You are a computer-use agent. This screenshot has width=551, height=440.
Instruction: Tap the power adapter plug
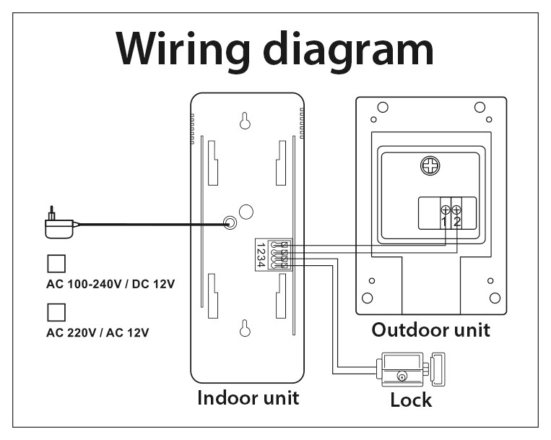(x=60, y=223)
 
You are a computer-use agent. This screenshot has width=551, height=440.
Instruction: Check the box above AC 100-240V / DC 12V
(x=56, y=264)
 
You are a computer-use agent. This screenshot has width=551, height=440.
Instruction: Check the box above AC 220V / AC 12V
(x=56, y=312)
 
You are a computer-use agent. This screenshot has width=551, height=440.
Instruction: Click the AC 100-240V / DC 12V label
(x=110, y=284)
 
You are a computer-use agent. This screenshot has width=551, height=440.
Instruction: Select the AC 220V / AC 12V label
(x=97, y=332)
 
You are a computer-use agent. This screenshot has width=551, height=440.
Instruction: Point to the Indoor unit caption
(x=248, y=398)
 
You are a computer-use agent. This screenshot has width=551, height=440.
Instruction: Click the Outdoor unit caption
(x=431, y=330)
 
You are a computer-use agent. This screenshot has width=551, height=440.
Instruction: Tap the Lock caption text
(x=411, y=400)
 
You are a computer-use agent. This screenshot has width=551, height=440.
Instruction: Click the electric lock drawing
(x=410, y=369)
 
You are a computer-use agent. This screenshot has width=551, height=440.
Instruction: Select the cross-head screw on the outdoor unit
(x=430, y=166)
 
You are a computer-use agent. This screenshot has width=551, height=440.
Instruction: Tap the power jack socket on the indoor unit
(x=230, y=223)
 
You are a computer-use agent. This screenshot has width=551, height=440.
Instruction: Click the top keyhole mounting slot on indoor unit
(x=245, y=121)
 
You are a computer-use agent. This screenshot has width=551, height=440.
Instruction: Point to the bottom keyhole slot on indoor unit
(x=245, y=328)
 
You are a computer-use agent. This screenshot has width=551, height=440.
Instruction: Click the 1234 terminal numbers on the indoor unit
(x=261, y=255)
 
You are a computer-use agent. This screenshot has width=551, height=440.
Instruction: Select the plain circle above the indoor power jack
(x=246, y=212)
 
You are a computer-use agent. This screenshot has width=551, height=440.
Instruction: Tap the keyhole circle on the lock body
(x=402, y=376)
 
